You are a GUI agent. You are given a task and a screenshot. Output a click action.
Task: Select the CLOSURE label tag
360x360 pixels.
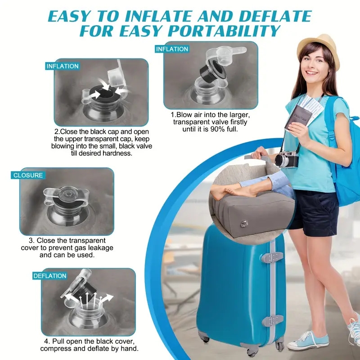pyautogui.click(x=28, y=175)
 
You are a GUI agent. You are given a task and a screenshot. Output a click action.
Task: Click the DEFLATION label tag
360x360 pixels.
pyautogui.click(x=49, y=276)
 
